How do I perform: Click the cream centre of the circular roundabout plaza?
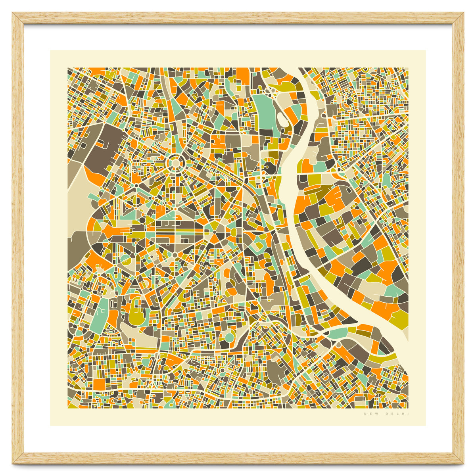[175, 163]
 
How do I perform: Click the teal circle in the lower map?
[229, 338]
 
